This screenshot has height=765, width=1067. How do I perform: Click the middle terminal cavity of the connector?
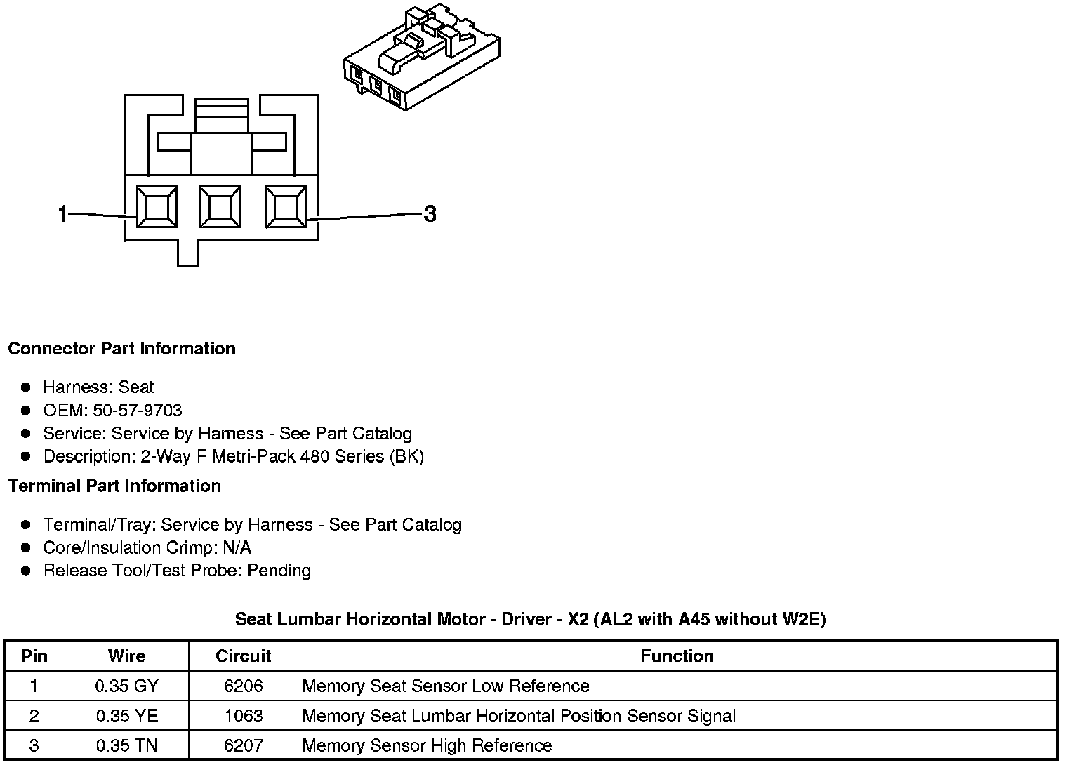tap(220, 207)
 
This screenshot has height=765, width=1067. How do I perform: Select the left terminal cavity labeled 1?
tap(157, 207)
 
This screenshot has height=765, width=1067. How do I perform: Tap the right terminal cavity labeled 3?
tap(285, 207)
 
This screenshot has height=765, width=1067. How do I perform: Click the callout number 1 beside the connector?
tap(62, 213)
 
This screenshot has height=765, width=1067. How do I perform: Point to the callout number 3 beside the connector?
tap(430, 213)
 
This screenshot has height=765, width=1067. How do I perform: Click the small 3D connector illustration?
tap(422, 56)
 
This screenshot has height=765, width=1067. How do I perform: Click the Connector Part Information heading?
tap(121, 349)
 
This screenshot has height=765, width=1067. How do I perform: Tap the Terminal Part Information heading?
tap(114, 486)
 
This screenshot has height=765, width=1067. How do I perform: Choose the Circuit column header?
tap(243, 656)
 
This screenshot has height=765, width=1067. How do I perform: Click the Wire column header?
tap(127, 656)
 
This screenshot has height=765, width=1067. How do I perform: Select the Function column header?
tap(677, 656)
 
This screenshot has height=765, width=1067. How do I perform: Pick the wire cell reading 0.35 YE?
tap(127, 716)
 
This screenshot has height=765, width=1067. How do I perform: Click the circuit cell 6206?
tap(243, 686)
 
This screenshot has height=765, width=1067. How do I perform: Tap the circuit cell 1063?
tap(243, 716)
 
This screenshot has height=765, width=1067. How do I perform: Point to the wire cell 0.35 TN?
tap(127, 745)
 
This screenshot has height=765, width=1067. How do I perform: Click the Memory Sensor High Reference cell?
tap(427, 745)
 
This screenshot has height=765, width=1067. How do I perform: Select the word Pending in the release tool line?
tap(279, 571)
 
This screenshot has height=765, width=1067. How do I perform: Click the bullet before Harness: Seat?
tap(26, 387)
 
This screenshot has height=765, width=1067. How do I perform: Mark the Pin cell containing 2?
tap(34, 716)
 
